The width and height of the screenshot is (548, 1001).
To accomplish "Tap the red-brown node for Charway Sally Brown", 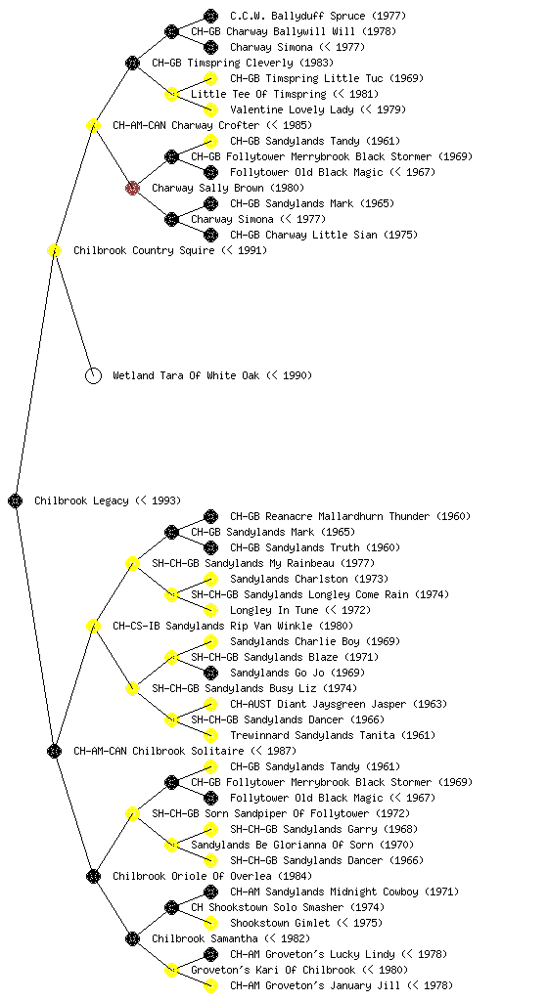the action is click(132, 188).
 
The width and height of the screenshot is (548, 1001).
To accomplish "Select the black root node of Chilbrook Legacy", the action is click(16, 501).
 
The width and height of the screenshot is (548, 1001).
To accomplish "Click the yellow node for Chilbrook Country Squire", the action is click(54, 251).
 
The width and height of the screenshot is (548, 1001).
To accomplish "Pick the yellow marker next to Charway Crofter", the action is click(93, 126).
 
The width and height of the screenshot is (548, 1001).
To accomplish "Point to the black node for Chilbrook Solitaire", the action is click(54, 752).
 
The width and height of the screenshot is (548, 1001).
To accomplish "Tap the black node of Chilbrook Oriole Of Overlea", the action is click(93, 877).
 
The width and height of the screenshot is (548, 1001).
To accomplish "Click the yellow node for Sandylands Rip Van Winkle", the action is click(93, 627).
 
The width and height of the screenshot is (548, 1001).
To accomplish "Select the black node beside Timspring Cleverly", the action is click(132, 64).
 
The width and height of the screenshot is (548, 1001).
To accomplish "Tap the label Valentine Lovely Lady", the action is click(292, 109).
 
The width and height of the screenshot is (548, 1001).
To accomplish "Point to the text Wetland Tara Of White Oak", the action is click(186, 376).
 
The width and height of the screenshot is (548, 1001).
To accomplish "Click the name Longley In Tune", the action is click(274, 610).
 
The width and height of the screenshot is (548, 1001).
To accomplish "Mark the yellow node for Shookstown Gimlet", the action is click(210, 923).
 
